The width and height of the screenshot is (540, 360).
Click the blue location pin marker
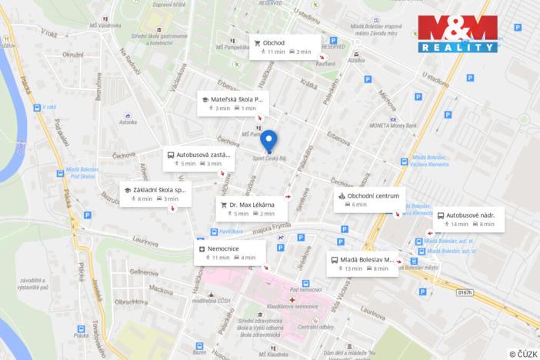(x=268, y=142)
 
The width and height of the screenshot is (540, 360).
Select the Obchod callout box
(x=283, y=46)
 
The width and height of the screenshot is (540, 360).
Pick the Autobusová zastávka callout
(x=194, y=158)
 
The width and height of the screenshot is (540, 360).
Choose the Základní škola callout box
(x=155, y=194)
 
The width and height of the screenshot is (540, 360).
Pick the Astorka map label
(x=128, y=121)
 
